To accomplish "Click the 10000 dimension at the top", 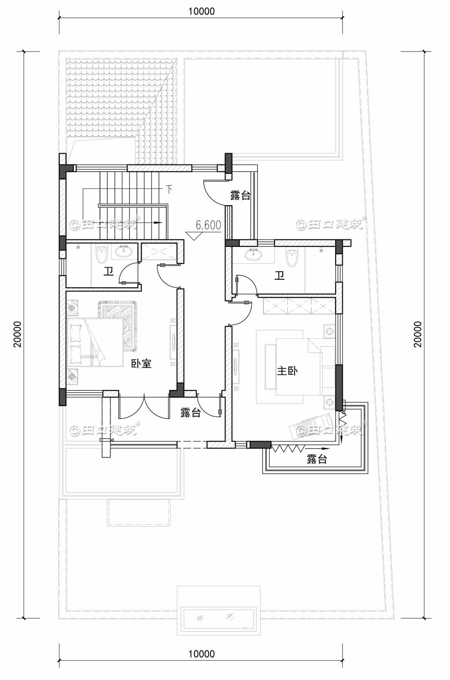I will (202, 12).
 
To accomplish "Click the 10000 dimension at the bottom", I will (202, 654).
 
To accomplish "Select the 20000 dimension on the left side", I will (18, 334).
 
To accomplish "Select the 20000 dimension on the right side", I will (417, 334).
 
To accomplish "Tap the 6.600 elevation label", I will (208, 225).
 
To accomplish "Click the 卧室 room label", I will (141, 363).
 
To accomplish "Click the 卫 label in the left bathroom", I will (109, 272).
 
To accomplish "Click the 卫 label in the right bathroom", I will (279, 276).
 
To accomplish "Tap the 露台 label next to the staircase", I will (240, 195).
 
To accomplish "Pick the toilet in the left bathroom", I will (101, 256).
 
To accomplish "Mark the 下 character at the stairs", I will (169, 190).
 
